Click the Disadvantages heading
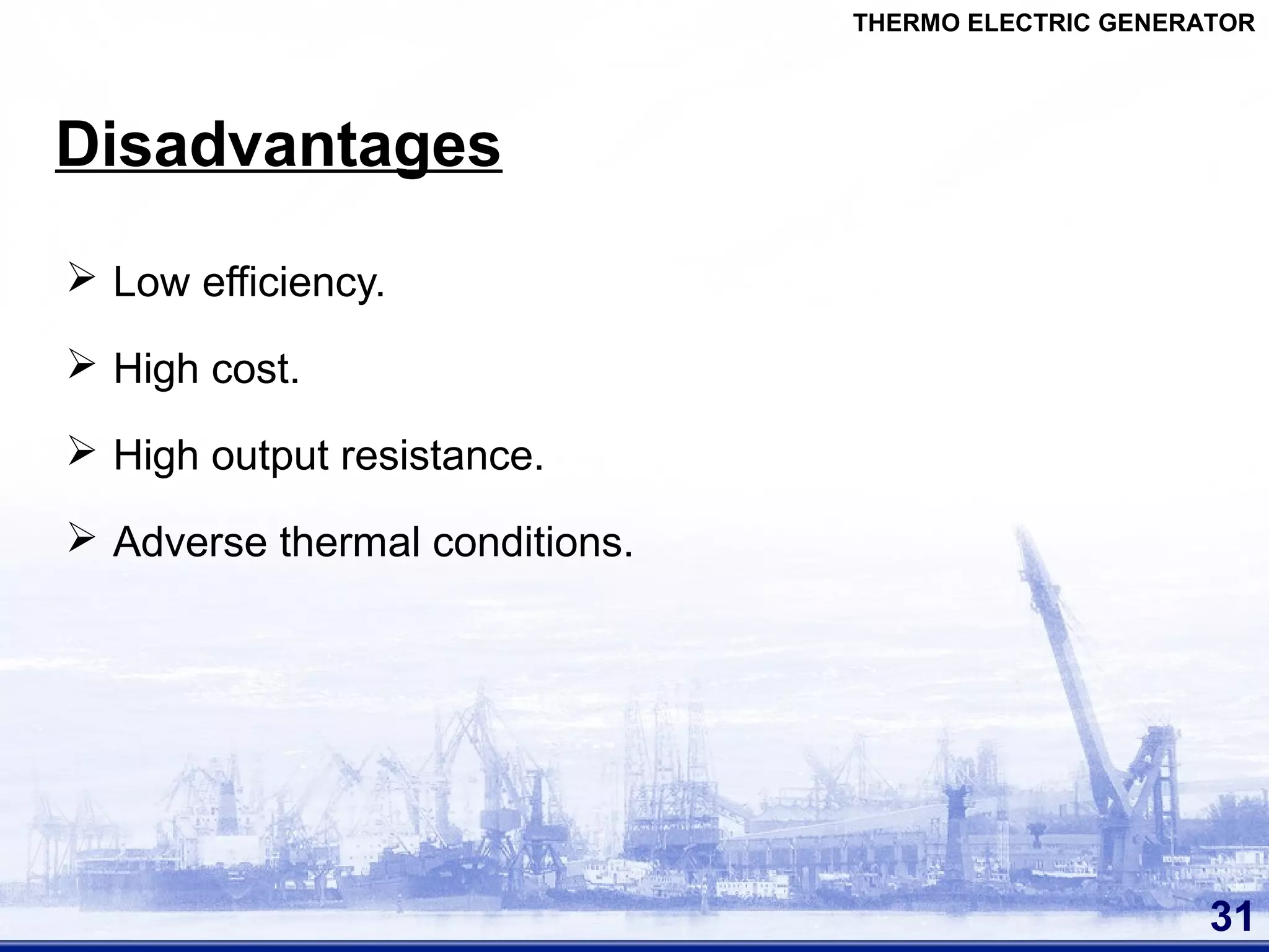(x=278, y=145)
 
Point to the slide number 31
(x=1231, y=917)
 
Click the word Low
(x=151, y=282)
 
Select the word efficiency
(x=293, y=283)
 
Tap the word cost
(x=255, y=369)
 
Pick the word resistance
(x=442, y=456)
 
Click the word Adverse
(x=190, y=542)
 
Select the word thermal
(x=350, y=542)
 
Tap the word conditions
(x=532, y=542)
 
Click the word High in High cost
(x=156, y=369)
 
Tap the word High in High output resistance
(x=156, y=456)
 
